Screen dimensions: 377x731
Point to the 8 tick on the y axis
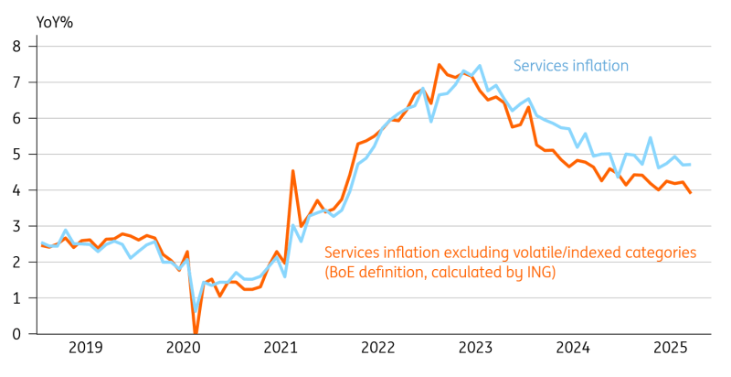tap(16, 45)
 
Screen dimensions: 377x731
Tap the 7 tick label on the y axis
tap(16, 81)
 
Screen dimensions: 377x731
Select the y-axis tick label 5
tap(16, 154)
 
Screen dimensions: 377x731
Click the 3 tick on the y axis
tap(16, 226)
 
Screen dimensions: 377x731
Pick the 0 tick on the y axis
tap(16, 334)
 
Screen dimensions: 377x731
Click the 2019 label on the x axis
tap(86, 349)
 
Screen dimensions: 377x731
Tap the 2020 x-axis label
tap(183, 349)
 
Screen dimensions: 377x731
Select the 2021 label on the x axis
tap(281, 349)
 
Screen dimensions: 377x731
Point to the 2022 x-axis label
tap(377, 349)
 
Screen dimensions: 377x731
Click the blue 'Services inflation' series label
tap(571, 65)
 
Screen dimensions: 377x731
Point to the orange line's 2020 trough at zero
tap(196, 334)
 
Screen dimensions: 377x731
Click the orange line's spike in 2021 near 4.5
tap(292, 170)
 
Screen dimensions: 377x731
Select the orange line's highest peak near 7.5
tap(439, 65)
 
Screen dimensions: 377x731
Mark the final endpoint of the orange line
tap(689, 192)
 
